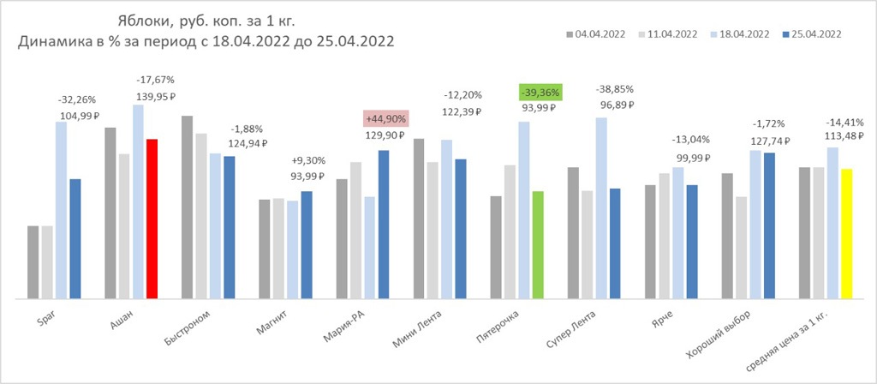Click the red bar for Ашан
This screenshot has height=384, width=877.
[x=152, y=219]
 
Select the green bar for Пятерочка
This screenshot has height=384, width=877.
[x=538, y=244]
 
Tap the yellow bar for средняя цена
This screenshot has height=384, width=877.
[x=846, y=233]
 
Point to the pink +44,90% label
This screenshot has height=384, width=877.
[x=385, y=119]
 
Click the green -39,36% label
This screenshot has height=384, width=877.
[x=540, y=92]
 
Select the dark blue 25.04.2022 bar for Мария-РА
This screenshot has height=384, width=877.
[x=384, y=224]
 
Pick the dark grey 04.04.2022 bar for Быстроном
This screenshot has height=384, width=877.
[x=187, y=207]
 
